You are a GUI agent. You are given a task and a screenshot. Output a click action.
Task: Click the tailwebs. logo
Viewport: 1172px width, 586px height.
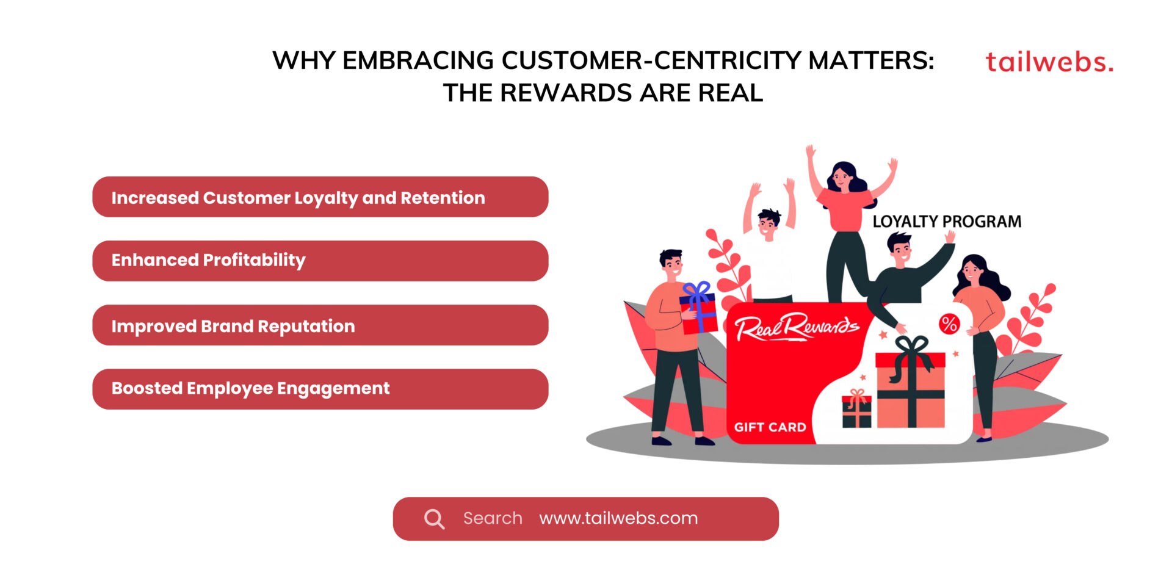coord(1049,62)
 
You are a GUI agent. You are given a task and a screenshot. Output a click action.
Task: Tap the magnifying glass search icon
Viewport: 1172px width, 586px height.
coord(434,519)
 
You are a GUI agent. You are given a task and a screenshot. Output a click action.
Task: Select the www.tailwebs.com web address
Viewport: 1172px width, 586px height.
coord(618,518)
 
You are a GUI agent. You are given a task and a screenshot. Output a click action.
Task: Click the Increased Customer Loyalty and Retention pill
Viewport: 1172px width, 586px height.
coord(320,197)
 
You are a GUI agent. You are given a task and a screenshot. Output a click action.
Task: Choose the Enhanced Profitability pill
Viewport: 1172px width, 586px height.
coord(320,261)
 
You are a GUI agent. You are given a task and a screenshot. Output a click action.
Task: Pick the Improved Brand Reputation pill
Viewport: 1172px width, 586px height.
coord(320,325)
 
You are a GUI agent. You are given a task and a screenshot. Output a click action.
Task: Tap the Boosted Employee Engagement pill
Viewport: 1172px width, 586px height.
coord(320,389)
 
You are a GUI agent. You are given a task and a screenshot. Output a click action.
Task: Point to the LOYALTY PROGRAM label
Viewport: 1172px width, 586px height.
coord(947,222)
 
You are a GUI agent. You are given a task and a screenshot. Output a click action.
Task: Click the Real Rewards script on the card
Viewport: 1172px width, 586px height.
coord(796,327)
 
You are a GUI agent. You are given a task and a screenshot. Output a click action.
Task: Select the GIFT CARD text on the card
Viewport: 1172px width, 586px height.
coord(770,427)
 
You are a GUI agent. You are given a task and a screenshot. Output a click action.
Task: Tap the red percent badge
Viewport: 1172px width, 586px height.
coord(949,324)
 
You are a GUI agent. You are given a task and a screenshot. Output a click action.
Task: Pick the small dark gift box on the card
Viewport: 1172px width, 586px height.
coord(857,410)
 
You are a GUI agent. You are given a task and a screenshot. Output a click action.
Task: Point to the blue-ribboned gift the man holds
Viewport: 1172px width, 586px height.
coord(699,309)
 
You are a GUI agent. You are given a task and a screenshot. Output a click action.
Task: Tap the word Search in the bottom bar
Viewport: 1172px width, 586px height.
coord(493,518)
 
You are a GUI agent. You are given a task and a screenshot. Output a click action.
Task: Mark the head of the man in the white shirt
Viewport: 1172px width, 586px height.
coord(769,223)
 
